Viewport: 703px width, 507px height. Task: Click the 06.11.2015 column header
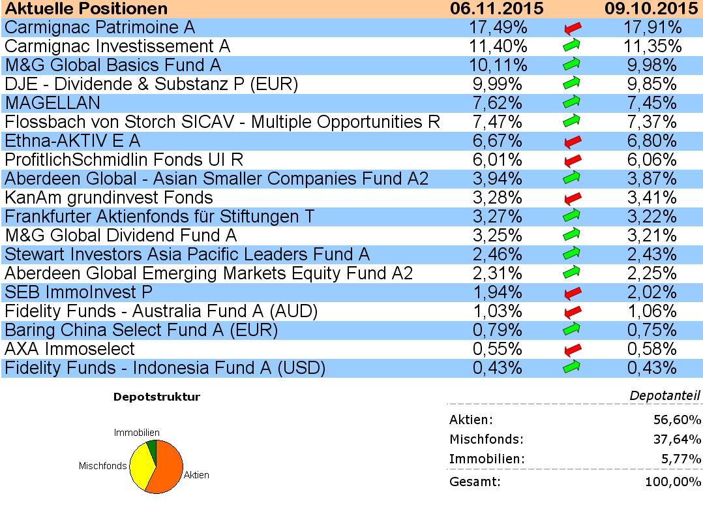pyautogui.click(x=497, y=8)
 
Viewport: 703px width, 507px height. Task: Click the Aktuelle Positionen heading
pyautogui.click(x=87, y=8)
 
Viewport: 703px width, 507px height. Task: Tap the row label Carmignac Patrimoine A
pyautogui.click(x=100, y=27)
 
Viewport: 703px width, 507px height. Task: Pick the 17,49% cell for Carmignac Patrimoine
pyautogui.click(x=498, y=27)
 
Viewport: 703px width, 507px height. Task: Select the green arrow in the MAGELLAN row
pyautogui.click(x=572, y=103)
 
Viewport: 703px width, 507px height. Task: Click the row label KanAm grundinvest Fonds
pyautogui.click(x=109, y=197)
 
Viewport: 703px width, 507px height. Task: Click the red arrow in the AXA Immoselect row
pyautogui.click(x=572, y=349)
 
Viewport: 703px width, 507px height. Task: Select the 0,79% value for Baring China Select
pyautogui.click(x=498, y=330)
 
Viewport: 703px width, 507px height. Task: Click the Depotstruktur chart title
pyautogui.click(x=157, y=397)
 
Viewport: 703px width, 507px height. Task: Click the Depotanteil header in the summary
pyautogui.click(x=665, y=395)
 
